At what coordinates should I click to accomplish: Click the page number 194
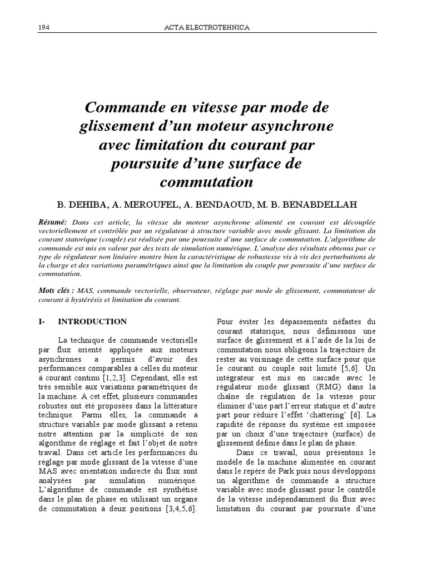click(44, 28)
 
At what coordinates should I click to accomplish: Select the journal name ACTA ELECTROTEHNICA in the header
click(208, 28)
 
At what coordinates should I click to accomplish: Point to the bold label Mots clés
click(56, 291)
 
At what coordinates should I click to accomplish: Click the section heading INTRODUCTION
click(92, 322)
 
